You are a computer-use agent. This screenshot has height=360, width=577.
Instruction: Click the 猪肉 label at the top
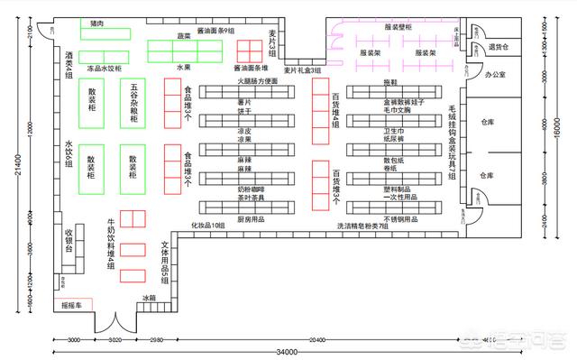point(96,23)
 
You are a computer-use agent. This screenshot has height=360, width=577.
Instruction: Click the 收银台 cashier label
point(69,238)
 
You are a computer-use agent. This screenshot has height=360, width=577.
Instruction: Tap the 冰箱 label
point(149,297)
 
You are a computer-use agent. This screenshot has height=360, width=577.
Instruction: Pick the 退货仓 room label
point(499,47)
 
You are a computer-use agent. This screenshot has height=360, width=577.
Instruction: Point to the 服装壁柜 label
point(398,28)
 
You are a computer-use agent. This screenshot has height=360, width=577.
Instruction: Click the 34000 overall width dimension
point(287,352)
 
